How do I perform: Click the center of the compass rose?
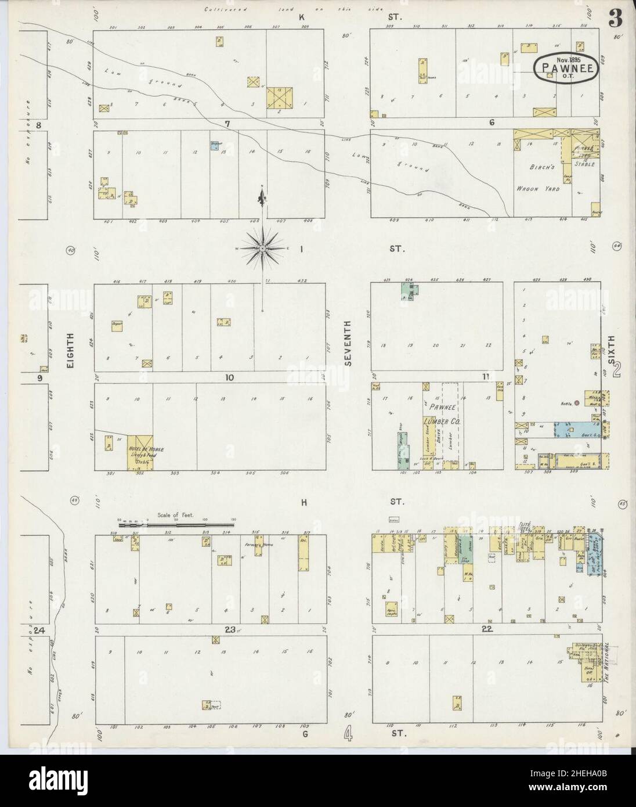click(x=263, y=249)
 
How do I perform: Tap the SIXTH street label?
click(x=609, y=348)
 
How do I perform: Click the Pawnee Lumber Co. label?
click(x=441, y=416)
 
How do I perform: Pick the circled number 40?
click(x=71, y=250)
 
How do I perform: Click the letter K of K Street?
click(x=302, y=17)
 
